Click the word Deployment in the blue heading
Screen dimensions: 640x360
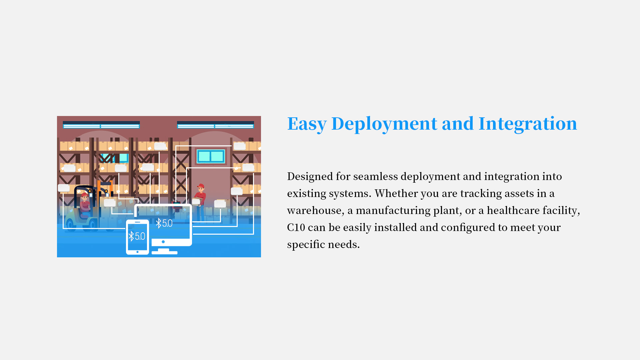(x=384, y=124)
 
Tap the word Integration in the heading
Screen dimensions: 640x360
(x=528, y=124)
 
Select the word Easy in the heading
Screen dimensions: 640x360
(x=307, y=124)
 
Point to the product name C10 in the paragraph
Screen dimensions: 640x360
(x=296, y=227)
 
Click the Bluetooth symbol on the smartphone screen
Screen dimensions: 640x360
(x=131, y=236)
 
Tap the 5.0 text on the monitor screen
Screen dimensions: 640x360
(x=167, y=223)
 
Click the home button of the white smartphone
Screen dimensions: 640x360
(x=137, y=252)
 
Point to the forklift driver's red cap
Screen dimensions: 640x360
(x=85, y=195)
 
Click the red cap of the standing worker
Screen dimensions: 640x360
(x=201, y=186)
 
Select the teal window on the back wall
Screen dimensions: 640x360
(x=211, y=156)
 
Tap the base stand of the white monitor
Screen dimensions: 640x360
(x=164, y=252)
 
